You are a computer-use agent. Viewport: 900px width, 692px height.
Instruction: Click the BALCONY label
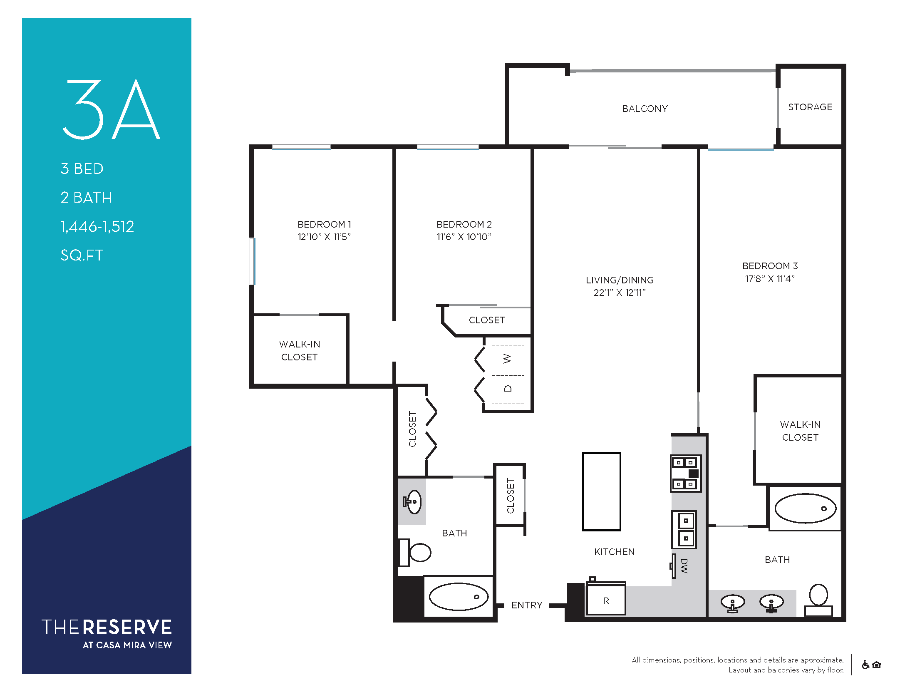[x=645, y=109]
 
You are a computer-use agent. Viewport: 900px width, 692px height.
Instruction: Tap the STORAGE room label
[x=810, y=107]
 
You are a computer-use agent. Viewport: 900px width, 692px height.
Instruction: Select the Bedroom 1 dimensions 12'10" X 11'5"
[x=324, y=237]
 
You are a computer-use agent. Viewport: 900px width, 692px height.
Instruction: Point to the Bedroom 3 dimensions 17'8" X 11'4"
[x=770, y=279]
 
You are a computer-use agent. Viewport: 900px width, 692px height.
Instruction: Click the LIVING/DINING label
[x=620, y=280]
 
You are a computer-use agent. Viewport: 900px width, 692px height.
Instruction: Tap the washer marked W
[x=508, y=359]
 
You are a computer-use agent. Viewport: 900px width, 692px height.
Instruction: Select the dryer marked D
[x=508, y=389]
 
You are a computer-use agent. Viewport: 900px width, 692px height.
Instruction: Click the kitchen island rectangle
[x=602, y=491]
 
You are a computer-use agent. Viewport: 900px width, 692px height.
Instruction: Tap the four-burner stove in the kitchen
[x=685, y=474]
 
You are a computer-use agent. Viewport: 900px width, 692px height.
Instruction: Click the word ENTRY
[x=527, y=605]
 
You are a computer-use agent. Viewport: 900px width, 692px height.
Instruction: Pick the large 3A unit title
[x=111, y=109]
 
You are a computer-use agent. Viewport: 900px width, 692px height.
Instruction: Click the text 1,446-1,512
[x=97, y=226]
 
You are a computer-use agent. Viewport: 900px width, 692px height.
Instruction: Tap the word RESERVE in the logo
[x=127, y=627]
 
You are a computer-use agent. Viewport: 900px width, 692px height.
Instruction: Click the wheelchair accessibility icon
[x=865, y=665]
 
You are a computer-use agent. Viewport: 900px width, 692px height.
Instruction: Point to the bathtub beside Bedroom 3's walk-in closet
[x=806, y=508]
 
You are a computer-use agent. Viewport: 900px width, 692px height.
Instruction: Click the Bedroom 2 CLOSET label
[x=487, y=320]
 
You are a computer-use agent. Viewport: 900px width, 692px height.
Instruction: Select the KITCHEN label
[x=615, y=552]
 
